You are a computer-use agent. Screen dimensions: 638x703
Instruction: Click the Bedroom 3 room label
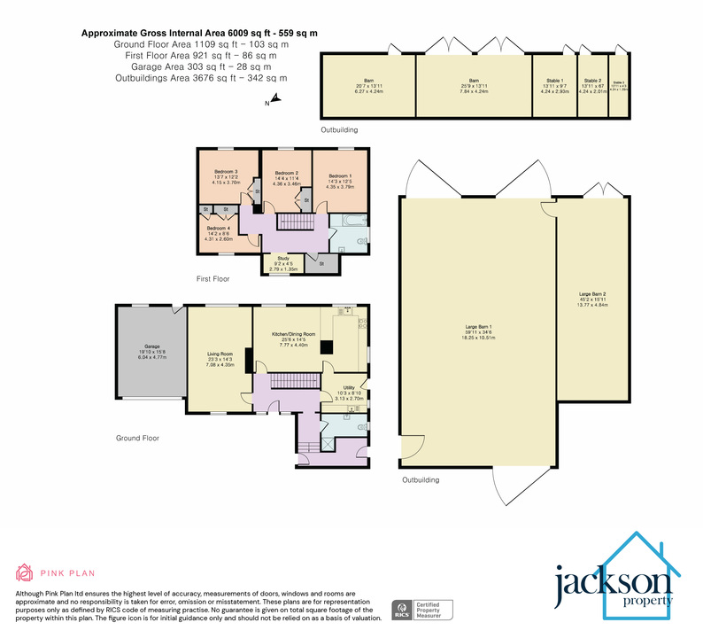pyautogui.click(x=226, y=171)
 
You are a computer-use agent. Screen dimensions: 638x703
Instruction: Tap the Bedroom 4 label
pyautogui.click(x=217, y=229)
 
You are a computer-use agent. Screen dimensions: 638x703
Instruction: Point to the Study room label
pyautogui.click(x=280, y=259)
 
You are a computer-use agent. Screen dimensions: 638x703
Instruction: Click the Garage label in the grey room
pyautogui.click(x=151, y=346)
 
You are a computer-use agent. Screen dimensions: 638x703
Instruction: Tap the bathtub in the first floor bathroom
pyautogui.click(x=348, y=221)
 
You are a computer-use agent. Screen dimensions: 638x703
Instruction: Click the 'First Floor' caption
pyautogui.click(x=212, y=278)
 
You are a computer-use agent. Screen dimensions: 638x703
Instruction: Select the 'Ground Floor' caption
pyautogui.click(x=137, y=438)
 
